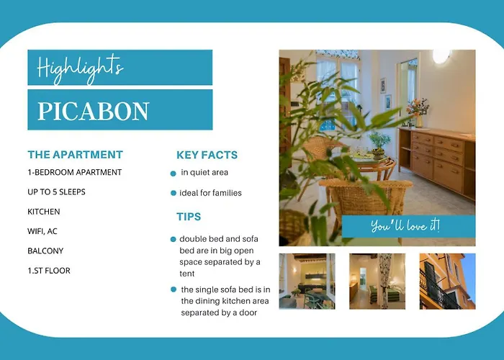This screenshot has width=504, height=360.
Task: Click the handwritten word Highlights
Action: click(80, 68)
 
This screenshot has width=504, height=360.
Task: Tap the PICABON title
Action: click(94, 111)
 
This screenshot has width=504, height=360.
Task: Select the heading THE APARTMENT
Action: click(75, 155)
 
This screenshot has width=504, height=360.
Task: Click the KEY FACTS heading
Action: click(207, 155)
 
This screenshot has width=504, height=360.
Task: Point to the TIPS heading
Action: click(189, 217)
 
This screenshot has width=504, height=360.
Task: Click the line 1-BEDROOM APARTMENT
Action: click(75, 172)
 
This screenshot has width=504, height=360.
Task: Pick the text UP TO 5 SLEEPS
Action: click(57, 192)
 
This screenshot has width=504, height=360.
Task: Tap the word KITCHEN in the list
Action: click(44, 212)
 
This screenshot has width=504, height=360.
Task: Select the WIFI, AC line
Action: click(42, 231)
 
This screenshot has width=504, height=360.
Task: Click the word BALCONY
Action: click(45, 251)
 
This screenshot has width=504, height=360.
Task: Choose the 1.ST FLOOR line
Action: click(49, 271)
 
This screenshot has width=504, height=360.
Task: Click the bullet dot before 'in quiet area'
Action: click(174, 174)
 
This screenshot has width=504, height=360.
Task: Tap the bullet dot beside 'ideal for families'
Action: click(174, 193)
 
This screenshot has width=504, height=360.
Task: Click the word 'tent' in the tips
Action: click(186, 274)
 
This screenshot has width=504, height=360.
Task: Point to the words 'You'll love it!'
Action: click(405, 225)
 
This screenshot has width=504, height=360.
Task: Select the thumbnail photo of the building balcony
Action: click(447, 282)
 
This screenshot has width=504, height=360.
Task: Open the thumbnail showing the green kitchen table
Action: click(307, 282)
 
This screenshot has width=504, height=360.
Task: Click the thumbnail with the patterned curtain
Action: click(377, 282)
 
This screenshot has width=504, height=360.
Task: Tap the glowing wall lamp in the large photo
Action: click(441, 55)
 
